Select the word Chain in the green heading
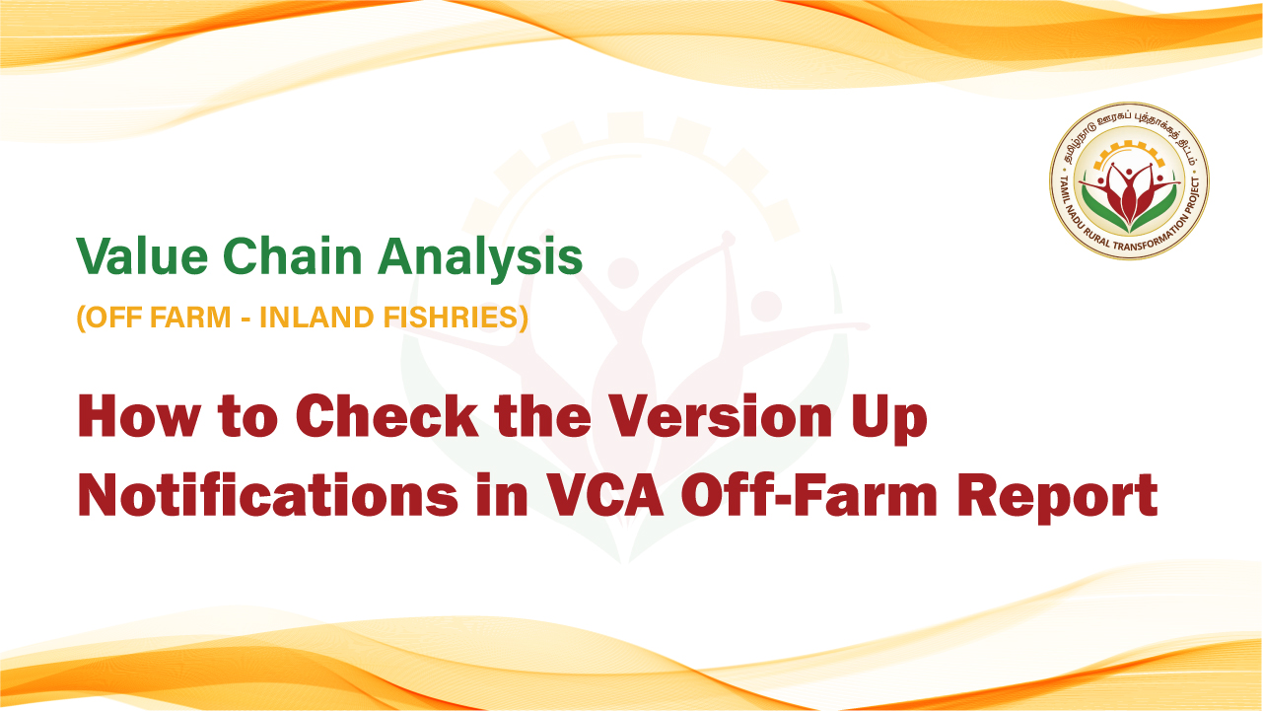[293, 256]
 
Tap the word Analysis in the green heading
[480, 258]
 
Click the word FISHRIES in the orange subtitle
[456, 317]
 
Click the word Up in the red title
[889, 420]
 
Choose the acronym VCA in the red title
[605, 495]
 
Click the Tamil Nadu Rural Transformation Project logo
[1129, 181]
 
